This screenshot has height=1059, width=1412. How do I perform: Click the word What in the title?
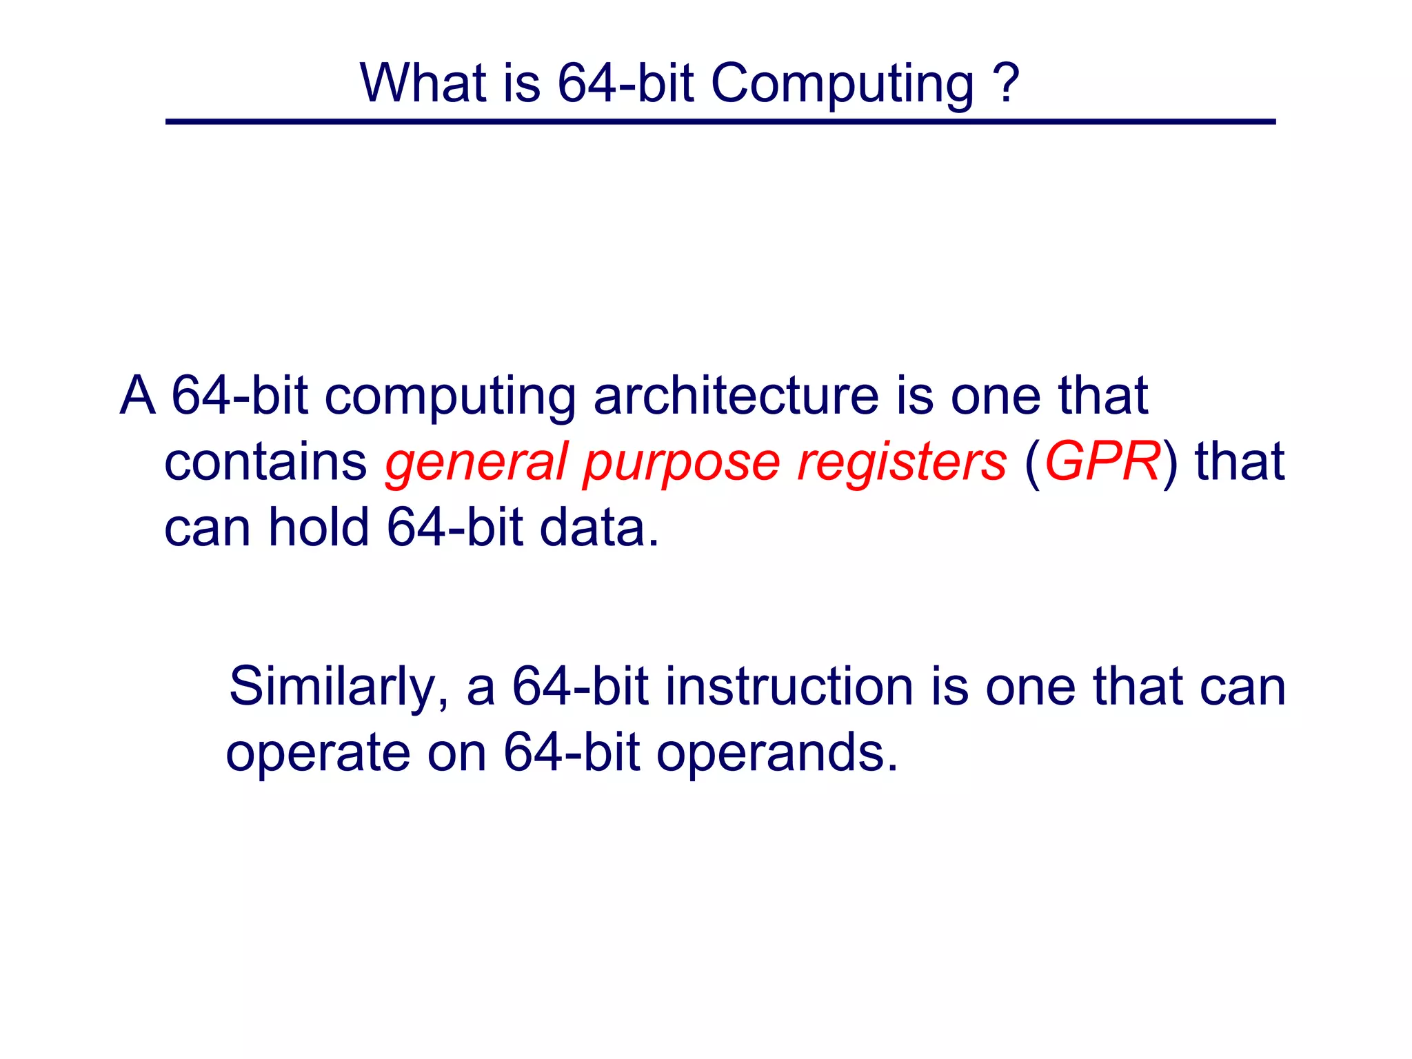pyautogui.click(x=421, y=83)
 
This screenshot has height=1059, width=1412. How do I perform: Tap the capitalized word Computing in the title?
pyautogui.click(x=842, y=84)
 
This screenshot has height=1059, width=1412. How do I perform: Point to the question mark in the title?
pyautogui.click(x=1006, y=83)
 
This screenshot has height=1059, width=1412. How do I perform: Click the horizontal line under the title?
pyautogui.click(x=720, y=122)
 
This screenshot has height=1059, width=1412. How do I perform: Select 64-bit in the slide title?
pyautogui.click(x=625, y=83)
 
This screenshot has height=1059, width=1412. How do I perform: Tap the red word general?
pyautogui.click(x=476, y=463)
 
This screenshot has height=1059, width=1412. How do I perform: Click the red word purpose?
pyautogui.click(x=681, y=464)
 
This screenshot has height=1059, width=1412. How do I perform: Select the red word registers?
pyautogui.click(x=902, y=463)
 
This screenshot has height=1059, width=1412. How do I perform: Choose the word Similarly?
pyautogui.click(x=339, y=687)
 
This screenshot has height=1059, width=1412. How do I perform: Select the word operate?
pyautogui.click(x=318, y=753)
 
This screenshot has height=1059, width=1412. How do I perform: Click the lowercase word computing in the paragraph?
pyautogui.click(x=450, y=397)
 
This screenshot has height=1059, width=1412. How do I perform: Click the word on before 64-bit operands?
pyautogui.click(x=456, y=753)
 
